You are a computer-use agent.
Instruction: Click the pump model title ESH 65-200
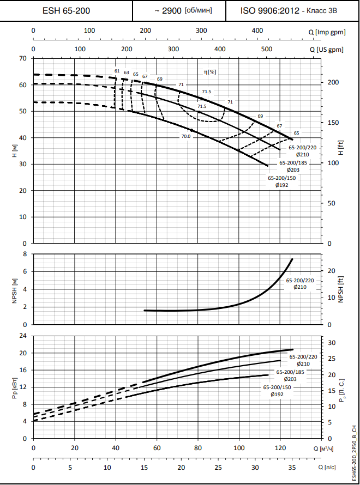pos(67,10)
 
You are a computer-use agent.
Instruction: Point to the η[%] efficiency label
pos(210,71)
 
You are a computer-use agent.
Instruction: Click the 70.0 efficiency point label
pos(186,136)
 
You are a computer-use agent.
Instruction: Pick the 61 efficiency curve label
pos(117,71)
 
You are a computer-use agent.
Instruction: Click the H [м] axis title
pos(15,150)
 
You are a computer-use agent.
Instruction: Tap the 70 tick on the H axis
pos(23,58)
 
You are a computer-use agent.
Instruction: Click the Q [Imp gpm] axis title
pos(330,31)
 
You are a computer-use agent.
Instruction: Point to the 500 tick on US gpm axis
pos(267,49)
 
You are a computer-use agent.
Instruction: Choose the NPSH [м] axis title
pos(15,289)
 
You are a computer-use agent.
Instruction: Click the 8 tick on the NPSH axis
pos(25,254)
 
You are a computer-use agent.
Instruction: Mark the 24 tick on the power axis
pos(23,336)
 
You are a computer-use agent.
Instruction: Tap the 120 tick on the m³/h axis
pos(280,448)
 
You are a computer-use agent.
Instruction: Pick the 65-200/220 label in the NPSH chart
pos(300,280)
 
